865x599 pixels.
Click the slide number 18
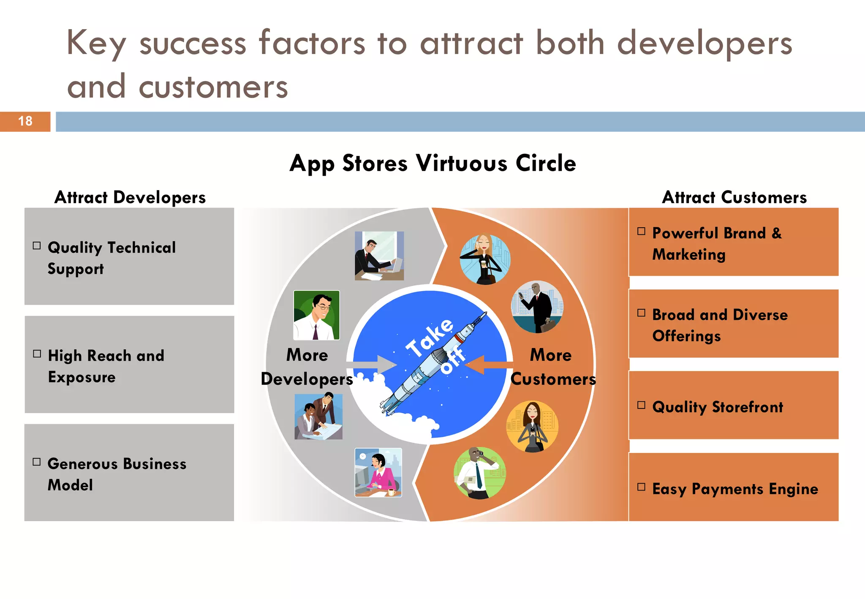25,121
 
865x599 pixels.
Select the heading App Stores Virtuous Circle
432,163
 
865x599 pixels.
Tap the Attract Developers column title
130,197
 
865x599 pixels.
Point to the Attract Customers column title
734,197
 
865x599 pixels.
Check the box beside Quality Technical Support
37,246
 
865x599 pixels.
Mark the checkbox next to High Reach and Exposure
37,354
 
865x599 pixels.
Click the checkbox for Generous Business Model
37,462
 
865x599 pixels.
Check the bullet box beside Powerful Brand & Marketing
641,231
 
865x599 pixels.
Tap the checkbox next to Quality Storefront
641,406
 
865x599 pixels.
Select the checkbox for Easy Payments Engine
641,487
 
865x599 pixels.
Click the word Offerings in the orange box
686,336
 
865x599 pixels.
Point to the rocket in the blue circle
435,363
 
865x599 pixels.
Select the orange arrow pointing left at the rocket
490,365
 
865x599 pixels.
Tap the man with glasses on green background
316,315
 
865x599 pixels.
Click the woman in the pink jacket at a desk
378,472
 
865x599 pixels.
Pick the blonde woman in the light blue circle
485,259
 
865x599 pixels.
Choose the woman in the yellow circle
532,427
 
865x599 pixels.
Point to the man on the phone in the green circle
479,473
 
